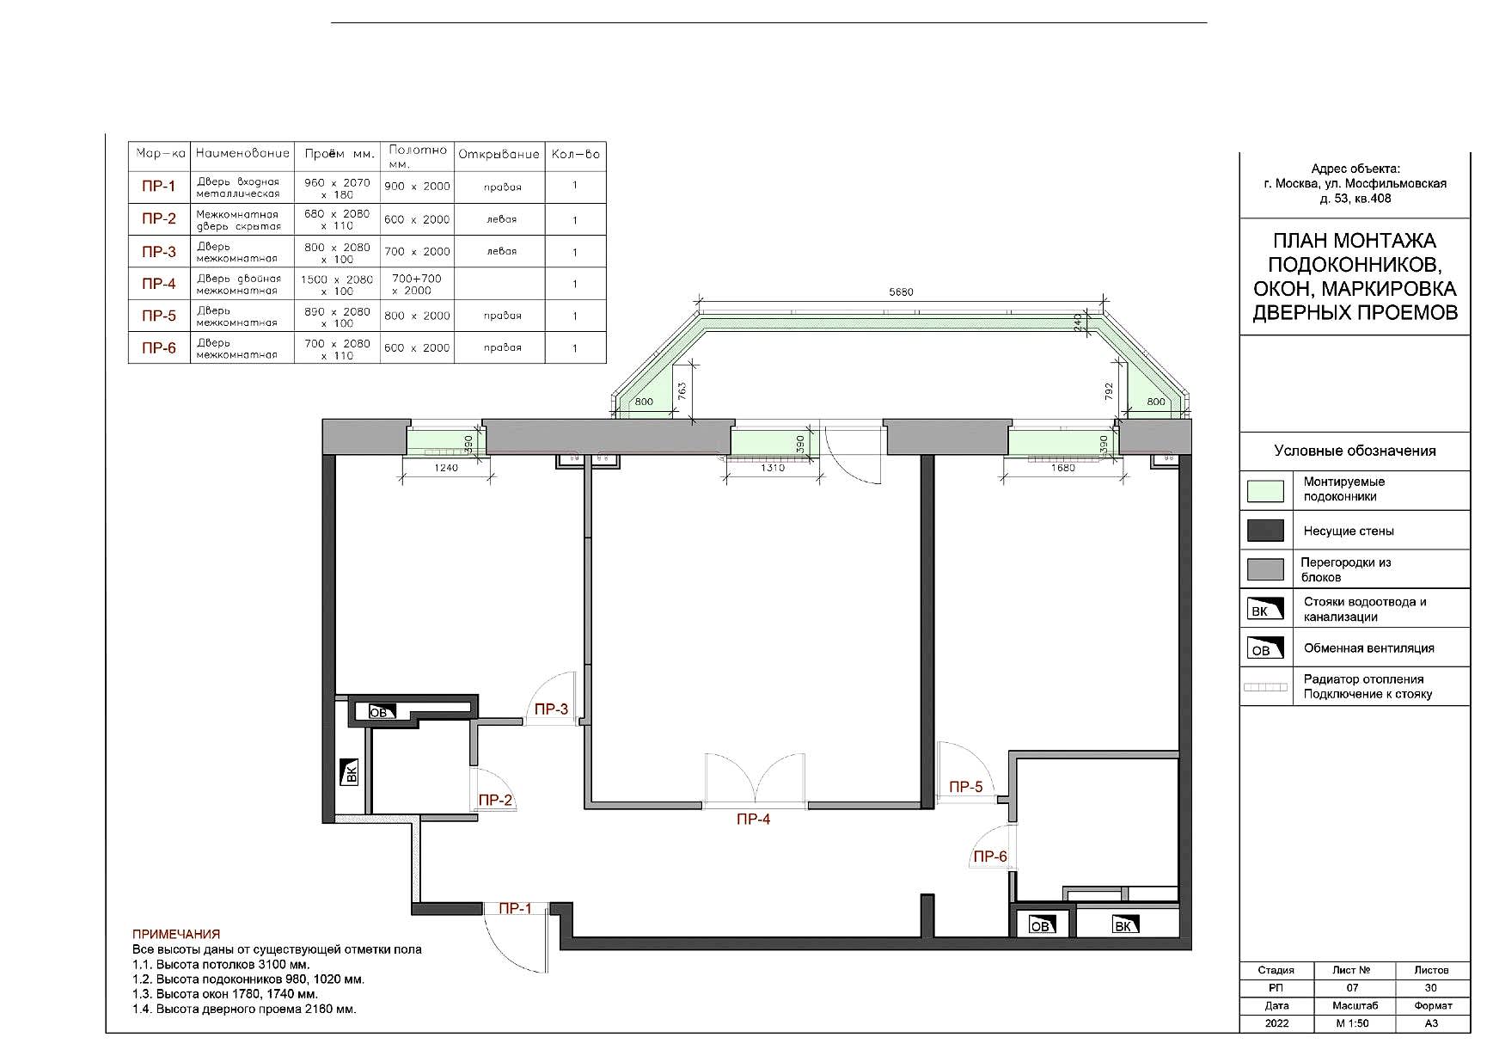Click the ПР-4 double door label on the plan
click(753, 820)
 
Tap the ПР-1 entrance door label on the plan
click(516, 908)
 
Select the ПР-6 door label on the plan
click(989, 856)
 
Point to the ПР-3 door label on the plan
click(551, 709)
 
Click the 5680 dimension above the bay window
click(901, 292)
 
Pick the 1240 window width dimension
click(447, 469)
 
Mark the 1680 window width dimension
click(1063, 469)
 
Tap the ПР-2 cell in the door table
click(158, 219)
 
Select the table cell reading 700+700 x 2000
click(417, 285)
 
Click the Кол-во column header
click(575, 155)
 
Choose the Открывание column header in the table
click(499, 155)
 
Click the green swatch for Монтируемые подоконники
click(1265, 491)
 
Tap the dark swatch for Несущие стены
click(1265, 531)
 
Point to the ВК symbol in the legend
click(1265, 609)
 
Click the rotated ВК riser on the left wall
click(351, 771)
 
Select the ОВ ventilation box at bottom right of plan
click(1041, 925)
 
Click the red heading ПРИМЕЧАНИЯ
click(176, 934)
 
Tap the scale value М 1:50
click(1352, 1023)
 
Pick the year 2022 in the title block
click(1276, 1023)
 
